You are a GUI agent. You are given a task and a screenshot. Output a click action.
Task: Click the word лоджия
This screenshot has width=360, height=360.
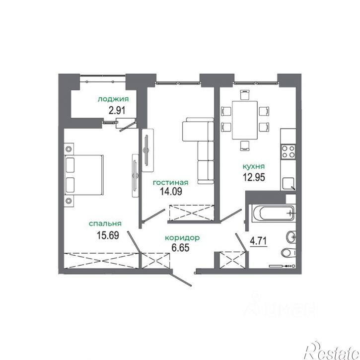point(113,99)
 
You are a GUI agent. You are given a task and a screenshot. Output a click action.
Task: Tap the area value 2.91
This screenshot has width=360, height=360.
point(117,110)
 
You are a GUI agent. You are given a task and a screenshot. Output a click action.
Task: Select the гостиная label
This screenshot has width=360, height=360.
point(171,183)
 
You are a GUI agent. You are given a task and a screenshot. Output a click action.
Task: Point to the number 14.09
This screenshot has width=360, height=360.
point(171,191)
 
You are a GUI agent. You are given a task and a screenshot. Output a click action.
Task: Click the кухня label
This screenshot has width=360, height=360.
point(254,166)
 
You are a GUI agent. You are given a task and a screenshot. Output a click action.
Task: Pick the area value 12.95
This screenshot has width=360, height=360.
point(254,177)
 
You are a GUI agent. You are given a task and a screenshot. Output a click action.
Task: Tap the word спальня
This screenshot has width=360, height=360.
point(105,223)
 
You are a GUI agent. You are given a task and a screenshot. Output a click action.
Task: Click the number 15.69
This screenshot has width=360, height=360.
point(108,235)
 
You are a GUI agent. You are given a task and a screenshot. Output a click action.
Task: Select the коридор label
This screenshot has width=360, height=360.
point(182,238)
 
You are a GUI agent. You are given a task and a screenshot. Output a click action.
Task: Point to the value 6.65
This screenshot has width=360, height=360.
point(180,247)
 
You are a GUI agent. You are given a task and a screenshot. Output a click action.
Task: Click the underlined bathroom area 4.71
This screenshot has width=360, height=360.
point(259,241)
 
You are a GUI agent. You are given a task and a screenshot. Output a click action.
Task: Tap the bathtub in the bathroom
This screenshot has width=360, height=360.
point(273,214)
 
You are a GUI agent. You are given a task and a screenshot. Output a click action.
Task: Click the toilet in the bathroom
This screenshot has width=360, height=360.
point(288,253)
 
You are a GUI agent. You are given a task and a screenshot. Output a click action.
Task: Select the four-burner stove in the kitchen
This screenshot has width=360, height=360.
point(288,152)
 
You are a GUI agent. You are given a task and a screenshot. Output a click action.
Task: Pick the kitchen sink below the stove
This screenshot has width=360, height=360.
point(288,184)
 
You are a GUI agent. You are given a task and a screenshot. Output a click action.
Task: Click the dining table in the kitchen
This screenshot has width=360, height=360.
point(244,120)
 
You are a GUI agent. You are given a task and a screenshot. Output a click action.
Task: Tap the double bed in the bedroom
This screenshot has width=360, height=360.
point(84,175)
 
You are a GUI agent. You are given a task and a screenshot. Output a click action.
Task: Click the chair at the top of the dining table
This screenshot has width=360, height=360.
point(244,94)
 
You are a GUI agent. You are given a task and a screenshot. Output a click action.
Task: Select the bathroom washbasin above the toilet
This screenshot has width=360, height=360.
point(291,236)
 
